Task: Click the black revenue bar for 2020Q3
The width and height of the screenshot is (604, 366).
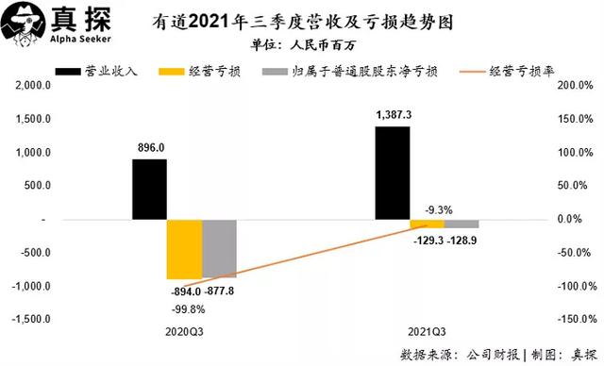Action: (x=149, y=189)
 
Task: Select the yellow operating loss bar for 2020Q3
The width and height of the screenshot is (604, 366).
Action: (x=185, y=249)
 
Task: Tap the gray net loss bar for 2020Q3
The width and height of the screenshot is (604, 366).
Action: (x=220, y=248)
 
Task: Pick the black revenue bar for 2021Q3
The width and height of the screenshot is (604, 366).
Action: (x=393, y=173)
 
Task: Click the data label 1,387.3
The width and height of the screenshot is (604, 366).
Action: (x=393, y=114)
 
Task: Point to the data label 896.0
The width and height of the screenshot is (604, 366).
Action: (x=150, y=147)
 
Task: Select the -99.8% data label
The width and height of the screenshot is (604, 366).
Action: (x=189, y=308)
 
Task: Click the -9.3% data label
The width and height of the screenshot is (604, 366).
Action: (x=427, y=209)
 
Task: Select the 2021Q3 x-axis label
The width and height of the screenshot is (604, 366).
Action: (x=428, y=333)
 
